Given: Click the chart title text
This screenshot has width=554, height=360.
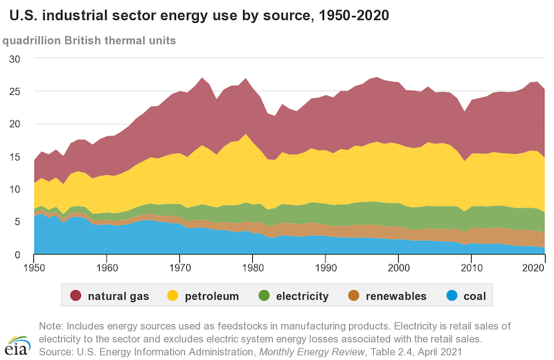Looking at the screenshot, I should pos(194,14).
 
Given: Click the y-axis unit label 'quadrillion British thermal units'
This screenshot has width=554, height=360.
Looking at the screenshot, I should pos(89,40).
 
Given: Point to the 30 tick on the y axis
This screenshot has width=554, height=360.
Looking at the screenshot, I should pos(14,59).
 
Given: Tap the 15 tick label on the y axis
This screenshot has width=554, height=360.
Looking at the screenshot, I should pos(14,156).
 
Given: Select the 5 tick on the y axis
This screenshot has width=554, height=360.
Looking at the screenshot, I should pos(17,222).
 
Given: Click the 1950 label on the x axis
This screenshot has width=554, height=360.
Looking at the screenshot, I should pos(34,267).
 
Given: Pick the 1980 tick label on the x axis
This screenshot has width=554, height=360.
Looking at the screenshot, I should pos(253,267).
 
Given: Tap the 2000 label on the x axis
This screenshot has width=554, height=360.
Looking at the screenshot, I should pos(398,267).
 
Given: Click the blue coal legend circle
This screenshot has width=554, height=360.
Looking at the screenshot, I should pos(452,296).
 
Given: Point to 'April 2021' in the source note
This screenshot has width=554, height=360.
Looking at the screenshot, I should pos(434,352).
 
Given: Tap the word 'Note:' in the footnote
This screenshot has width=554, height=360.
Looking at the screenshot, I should pos(52,325).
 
